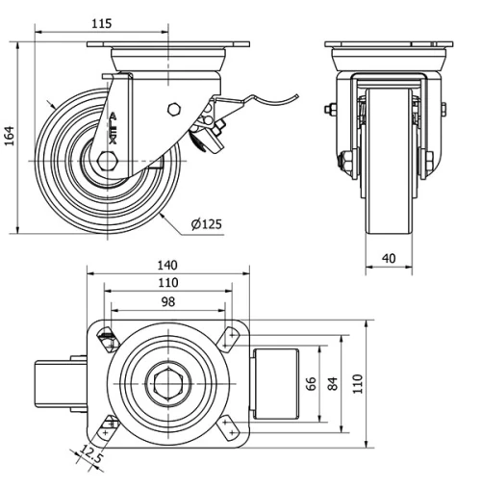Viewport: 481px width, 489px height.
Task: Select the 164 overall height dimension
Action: (11, 136)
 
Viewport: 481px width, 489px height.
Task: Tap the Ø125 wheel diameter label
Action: (206, 224)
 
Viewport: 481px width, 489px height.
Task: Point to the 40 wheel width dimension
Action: (389, 258)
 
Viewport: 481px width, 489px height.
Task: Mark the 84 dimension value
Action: (334, 384)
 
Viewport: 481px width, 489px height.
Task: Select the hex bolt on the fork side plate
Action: (174, 108)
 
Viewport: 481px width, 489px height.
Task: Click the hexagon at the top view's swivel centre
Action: (169, 384)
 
